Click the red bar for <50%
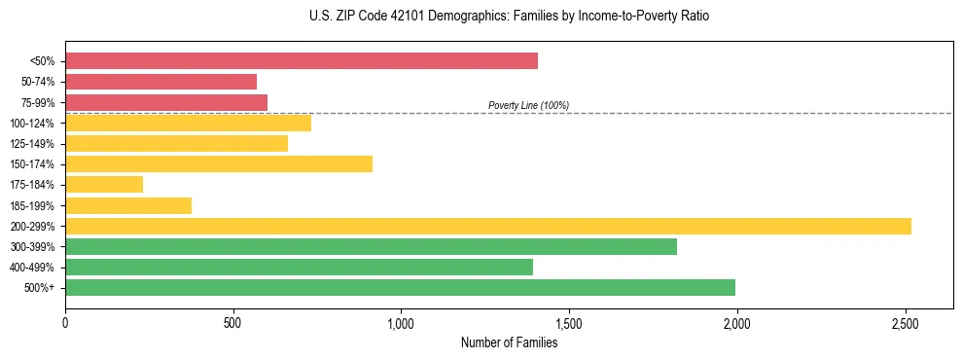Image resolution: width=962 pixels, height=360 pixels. point(302,61)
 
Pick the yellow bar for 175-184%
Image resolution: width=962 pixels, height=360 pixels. point(104,184)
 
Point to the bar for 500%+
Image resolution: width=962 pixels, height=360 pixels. point(400,287)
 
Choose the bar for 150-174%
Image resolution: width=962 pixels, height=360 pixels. point(219,163)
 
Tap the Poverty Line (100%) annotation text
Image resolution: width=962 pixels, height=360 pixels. point(528,105)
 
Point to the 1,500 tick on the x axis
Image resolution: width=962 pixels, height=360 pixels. point(569,322)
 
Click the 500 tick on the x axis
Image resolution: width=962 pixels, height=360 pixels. point(233,322)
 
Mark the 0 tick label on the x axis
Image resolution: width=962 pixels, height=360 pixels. point(65,322)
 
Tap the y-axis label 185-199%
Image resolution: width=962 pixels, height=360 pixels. point(32,205)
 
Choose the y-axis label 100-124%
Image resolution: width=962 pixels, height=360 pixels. point(32,124)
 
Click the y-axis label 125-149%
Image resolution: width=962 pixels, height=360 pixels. point(32,144)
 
